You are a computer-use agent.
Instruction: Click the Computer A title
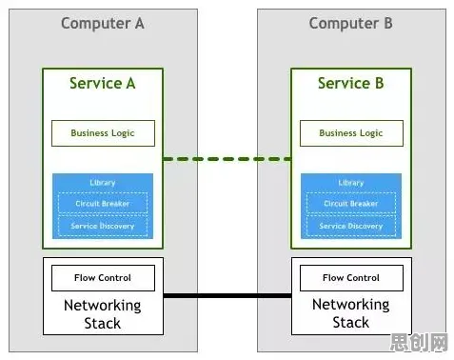point(103,24)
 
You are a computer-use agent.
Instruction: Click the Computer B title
point(351,24)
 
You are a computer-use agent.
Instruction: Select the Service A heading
point(103,83)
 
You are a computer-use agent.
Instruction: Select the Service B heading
point(351,83)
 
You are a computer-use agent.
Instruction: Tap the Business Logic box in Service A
point(103,133)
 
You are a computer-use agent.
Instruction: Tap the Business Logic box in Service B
point(351,133)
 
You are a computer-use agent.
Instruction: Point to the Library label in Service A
point(103,183)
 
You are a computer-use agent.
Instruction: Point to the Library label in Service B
point(351,183)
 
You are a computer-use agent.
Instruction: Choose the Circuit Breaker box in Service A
point(103,203)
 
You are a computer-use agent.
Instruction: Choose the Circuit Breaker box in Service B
point(351,203)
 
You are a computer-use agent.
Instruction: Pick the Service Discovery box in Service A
point(103,226)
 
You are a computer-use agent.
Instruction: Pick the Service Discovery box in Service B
point(351,226)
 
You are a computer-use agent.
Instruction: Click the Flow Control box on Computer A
point(103,278)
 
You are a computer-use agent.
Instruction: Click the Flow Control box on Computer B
point(351,278)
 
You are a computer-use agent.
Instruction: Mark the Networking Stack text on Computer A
point(103,314)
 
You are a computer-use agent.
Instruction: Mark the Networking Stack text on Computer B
point(351,313)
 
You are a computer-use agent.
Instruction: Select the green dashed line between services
point(227,159)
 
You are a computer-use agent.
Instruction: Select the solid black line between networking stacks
point(227,296)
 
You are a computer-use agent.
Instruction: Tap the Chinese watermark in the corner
point(419,342)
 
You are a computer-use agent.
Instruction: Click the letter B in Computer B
point(388,23)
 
